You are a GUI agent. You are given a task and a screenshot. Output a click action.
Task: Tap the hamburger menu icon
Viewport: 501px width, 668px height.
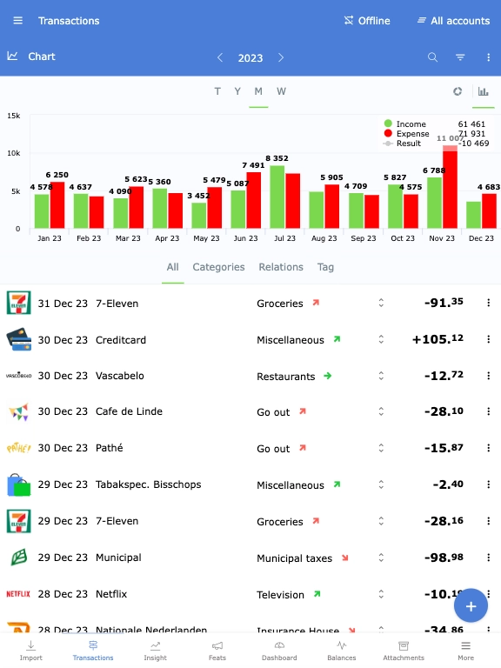click(x=18, y=21)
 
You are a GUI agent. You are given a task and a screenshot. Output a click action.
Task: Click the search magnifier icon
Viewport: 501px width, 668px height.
click(x=432, y=57)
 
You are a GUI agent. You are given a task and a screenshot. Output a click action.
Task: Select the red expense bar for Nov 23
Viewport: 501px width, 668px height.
click(x=450, y=190)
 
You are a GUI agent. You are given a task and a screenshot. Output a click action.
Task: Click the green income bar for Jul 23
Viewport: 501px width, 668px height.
click(x=277, y=197)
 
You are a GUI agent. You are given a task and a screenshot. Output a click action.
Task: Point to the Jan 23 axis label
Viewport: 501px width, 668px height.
click(x=49, y=238)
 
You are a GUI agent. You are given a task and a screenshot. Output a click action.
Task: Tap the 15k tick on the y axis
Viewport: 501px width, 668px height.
click(x=14, y=115)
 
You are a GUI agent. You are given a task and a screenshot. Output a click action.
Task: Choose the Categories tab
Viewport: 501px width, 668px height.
click(x=218, y=267)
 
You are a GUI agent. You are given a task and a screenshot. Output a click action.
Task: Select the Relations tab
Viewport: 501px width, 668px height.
click(x=281, y=267)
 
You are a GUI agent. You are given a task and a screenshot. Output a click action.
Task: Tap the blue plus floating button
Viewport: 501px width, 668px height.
click(x=471, y=605)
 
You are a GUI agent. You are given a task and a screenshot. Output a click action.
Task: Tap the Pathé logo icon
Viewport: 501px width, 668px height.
click(x=18, y=448)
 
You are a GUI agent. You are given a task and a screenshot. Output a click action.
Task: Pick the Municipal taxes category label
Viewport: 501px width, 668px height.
click(x=294, y=558)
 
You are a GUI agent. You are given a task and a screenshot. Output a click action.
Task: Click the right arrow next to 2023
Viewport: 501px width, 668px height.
click(x=281, y=57)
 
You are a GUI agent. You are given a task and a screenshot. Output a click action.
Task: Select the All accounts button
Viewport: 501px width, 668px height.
click(x=453, y=21)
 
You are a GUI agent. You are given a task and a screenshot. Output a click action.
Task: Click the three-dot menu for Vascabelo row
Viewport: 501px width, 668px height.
click(x=488, y=376)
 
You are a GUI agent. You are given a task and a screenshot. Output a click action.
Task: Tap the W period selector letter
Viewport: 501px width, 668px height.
click(x=281, y=91)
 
